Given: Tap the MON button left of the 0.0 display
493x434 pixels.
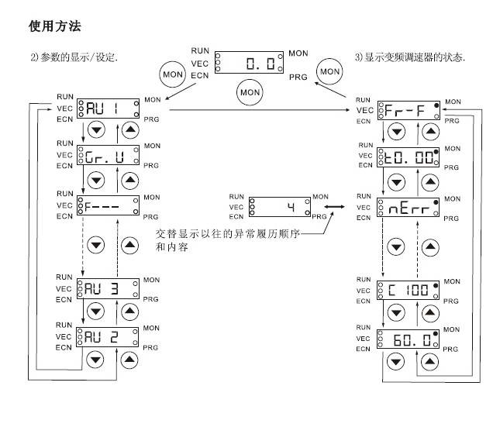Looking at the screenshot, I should pos(172,74).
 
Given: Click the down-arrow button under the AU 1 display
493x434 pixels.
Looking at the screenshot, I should pos(95,130).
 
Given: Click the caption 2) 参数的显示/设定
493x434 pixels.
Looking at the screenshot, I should pos(79,58).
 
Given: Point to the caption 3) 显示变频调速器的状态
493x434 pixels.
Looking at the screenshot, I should pos(410,58).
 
